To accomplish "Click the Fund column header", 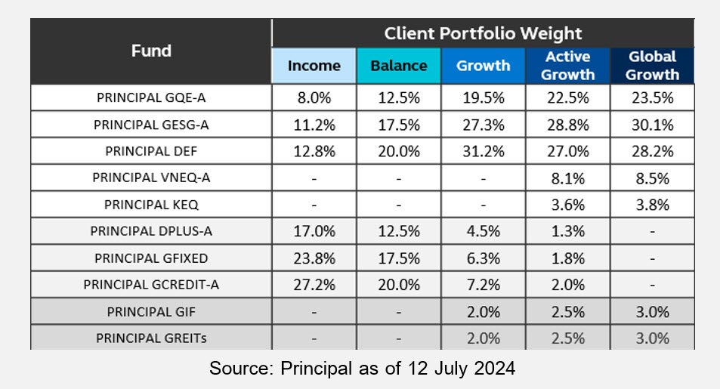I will [x=151, y=51].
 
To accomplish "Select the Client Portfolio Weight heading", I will [x=483, y=33].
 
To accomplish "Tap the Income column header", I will [x=314, y=66].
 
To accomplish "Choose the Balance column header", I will [x=398, y=66].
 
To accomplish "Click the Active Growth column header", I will [x=567, y=66].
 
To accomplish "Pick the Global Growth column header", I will [x=652, y=66].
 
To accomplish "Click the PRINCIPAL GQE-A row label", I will [x=151, y=98].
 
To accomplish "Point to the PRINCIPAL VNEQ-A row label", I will [x=151, y=178].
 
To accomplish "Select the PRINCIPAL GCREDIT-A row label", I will [x=151, y=285].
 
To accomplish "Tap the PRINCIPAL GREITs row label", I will [x=151, y=338].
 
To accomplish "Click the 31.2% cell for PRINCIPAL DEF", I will [x=483, y=151].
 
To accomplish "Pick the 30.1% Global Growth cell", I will [x=652, y=125].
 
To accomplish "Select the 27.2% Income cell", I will [x=314, y=285].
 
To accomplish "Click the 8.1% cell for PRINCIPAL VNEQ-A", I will [x=567, y=178].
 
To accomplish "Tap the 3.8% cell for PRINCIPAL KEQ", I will [x=652, y=205].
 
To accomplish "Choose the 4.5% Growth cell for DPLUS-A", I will [x=483, y=231].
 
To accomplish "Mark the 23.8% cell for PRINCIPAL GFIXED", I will [x=314, y=258].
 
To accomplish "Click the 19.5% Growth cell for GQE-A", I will [x=483, y=98].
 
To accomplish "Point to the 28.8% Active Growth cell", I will [x=567, y=125].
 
